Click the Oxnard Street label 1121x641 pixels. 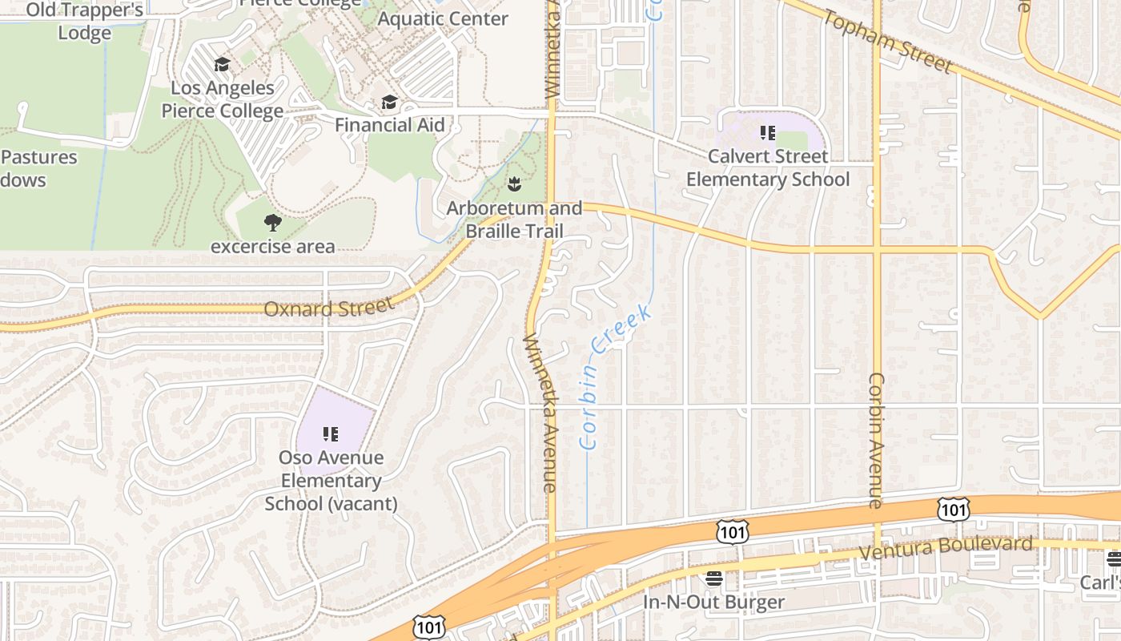329,308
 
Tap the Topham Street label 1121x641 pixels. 886,42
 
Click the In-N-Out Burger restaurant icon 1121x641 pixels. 714,578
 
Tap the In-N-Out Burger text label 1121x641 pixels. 714,602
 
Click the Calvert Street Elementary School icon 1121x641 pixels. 768,133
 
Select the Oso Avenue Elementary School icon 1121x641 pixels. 330,434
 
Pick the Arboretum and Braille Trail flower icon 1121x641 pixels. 514,185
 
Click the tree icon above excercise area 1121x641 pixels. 272,223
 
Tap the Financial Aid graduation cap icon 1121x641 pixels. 389,102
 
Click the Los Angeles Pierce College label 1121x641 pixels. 223,99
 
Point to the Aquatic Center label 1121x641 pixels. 442,18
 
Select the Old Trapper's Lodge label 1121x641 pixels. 84,22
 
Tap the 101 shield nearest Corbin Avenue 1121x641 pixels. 953,509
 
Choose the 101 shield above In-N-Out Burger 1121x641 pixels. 733,532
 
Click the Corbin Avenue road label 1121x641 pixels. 876,440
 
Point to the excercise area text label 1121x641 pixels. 272,246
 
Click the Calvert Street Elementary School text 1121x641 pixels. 768,167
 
